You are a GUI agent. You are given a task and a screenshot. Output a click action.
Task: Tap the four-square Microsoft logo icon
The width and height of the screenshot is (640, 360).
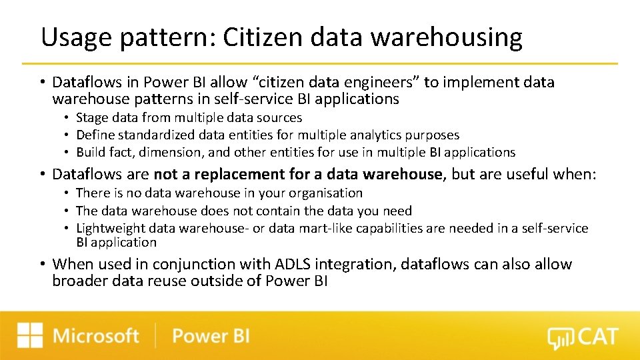(30, 335)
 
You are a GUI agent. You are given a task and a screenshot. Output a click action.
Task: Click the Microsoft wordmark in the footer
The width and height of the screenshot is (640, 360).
(96, 335)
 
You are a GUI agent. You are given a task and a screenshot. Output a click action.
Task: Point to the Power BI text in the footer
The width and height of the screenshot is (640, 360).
(211, 335)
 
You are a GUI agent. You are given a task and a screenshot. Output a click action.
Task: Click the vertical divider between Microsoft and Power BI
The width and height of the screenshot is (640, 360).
(156, 335)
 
